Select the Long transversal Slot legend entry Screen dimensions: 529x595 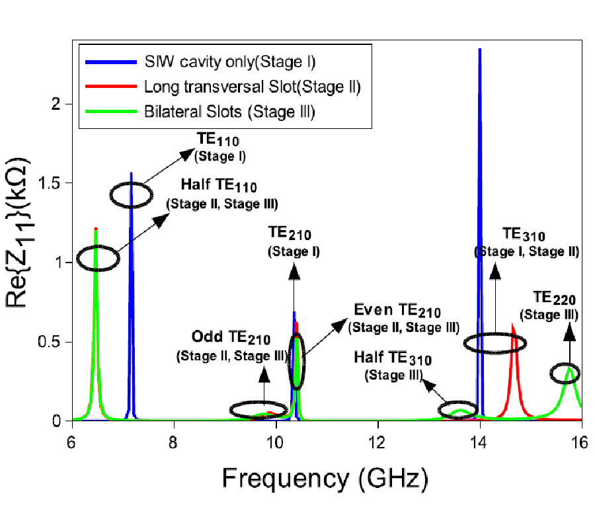[x=252, y=87]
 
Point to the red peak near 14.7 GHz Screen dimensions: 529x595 [x=513, y=325]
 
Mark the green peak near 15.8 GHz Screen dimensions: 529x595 [x=570, y=368]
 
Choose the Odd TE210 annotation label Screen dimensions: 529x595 [x=231, y=339]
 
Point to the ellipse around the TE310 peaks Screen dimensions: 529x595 [x=495, y=343]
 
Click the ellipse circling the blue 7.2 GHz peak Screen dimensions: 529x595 [x=131, y=194]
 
